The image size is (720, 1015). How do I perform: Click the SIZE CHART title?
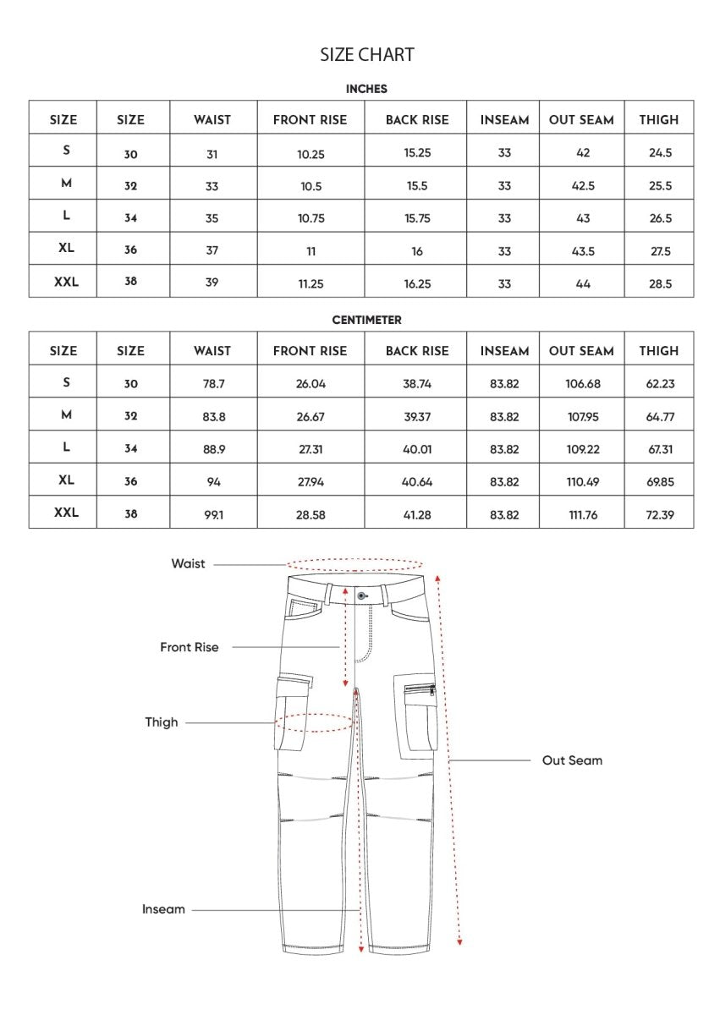point(366,55)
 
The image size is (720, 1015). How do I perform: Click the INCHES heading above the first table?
point(366,89)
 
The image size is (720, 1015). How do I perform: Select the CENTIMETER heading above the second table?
point(366,321)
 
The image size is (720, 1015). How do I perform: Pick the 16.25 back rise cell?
point(417,284)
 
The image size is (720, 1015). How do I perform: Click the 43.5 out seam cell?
point(583,251)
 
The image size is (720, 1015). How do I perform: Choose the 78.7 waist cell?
point(213,384)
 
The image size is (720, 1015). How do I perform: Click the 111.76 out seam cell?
point(583,514)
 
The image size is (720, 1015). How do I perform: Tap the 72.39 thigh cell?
point(660,514)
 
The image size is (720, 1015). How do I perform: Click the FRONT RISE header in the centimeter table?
point(310,351)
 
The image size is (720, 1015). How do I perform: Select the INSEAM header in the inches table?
point(504,120)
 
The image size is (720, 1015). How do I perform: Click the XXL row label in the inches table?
point(66,283)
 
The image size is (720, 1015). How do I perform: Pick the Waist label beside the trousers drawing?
point(188,564)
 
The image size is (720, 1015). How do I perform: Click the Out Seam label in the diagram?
point(572,760)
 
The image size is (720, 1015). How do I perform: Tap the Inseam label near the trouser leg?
point(163,909)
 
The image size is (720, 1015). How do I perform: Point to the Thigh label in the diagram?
point(162,722)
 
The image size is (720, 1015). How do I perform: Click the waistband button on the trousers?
point(361,595)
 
